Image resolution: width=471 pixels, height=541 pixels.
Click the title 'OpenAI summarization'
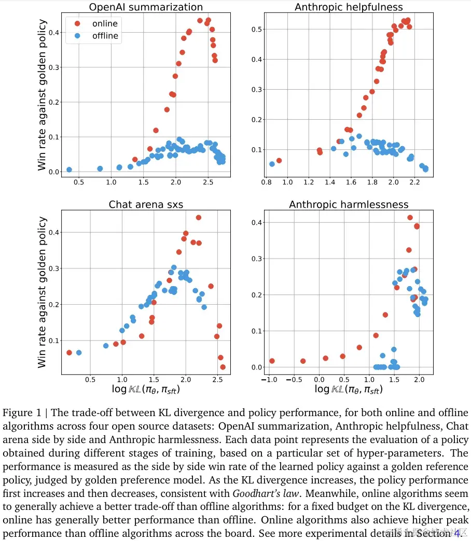[x=146, y=7]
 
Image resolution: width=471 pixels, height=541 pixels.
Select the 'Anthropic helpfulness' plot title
[x=349, y=7]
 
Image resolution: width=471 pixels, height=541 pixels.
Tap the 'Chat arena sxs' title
[x=146, y=204]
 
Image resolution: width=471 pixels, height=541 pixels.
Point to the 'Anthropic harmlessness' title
[x=349, y=204]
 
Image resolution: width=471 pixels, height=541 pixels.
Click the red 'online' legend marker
[x=77, y=23]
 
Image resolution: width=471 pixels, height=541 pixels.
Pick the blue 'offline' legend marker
[x=77, y=36]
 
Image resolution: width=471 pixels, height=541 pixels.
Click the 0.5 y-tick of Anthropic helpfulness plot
[x=254, y=30]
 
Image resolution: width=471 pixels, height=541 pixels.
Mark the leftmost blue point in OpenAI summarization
[x=69, y=169]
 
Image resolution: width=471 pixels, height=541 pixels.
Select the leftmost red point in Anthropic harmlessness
[x=271, y=361]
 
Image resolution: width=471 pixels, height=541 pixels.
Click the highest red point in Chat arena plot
[x=198, y=218]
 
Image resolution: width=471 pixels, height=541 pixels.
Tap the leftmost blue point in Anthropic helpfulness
[x=272, y=164]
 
